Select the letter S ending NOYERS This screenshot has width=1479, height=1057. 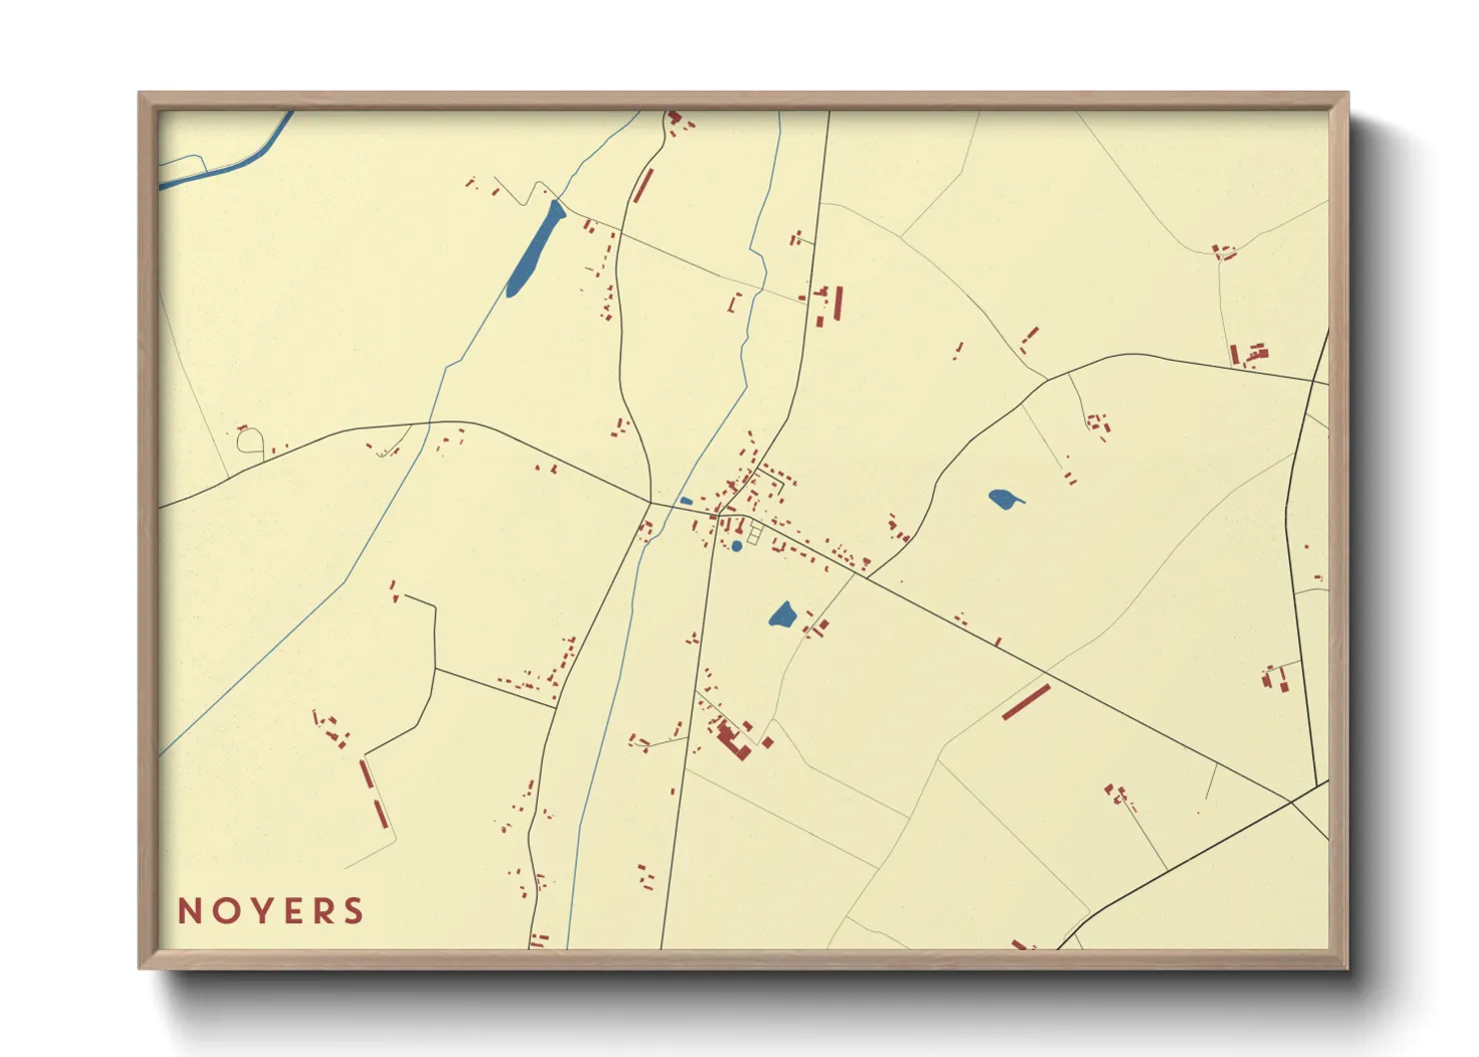(x=354, y=911)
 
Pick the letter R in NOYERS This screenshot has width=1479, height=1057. (x=322, y=911)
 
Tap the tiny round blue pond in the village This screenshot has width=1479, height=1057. (x=737, y=545)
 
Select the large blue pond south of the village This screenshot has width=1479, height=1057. (x=782, y=614)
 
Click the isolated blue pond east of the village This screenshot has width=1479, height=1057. (x=1003, y=499)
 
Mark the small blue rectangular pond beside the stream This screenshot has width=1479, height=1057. (x=686, y=501)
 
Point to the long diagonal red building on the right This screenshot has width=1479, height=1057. (x=1026, y=701)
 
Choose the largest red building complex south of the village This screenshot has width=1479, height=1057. (x=735, y=740)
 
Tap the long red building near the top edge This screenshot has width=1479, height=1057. (x=644, y=186)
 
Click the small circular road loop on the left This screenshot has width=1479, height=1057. (x=250, y=440)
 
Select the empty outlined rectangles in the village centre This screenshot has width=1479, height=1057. (x=754, y=533)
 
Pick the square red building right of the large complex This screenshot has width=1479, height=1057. (x=767, y=742)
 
